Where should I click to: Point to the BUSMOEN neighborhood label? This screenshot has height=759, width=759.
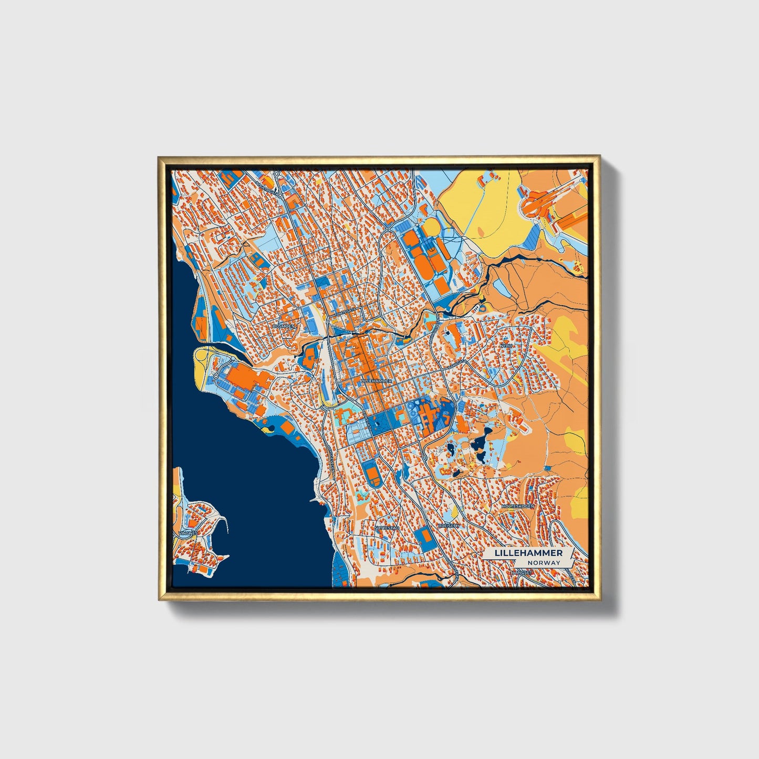(284, 326)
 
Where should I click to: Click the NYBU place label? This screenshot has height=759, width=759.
(506, 346)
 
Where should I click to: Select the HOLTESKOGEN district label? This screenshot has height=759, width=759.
(517, 506)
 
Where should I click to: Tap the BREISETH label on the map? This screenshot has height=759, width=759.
(448, 525)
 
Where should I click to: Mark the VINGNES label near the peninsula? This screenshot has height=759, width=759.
(187, 533)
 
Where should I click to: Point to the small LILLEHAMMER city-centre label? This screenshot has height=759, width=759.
(376, 380)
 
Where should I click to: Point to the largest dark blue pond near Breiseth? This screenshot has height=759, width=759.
(480, 444)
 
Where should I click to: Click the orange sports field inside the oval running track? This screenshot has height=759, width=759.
(373, 475)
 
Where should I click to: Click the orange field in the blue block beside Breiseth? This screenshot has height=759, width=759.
(422, 535)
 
